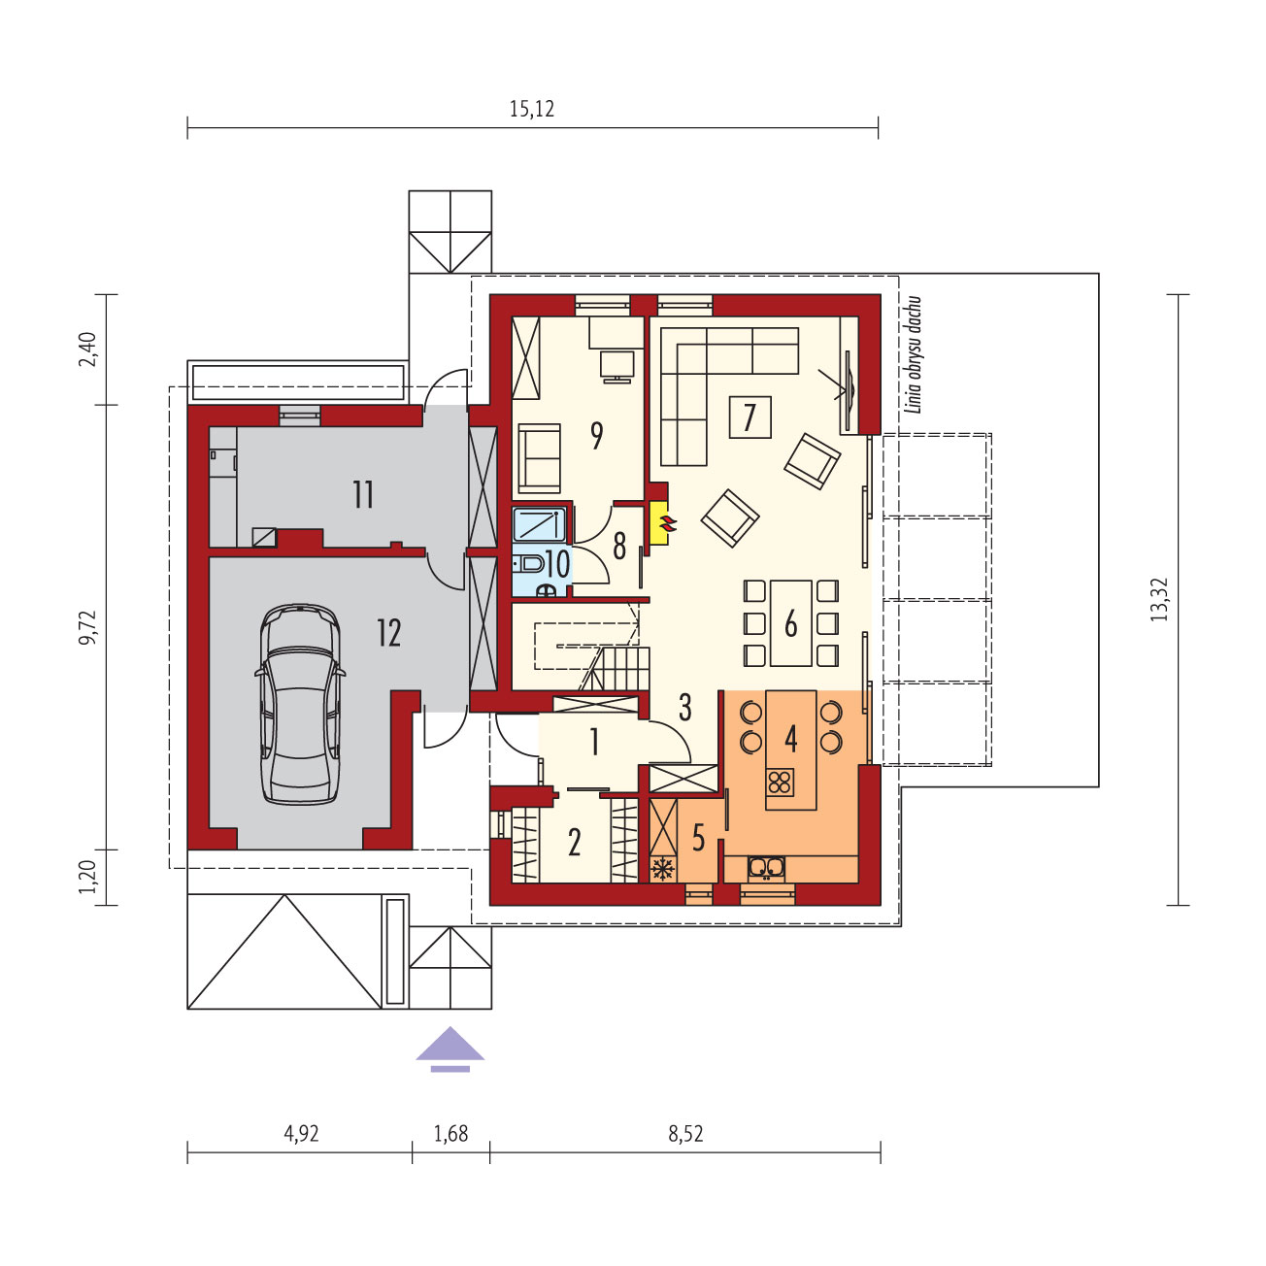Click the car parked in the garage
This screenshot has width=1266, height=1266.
click(300, 704)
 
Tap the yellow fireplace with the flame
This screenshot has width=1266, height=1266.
click(659, 523)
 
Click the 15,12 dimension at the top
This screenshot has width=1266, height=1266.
click(531, 109)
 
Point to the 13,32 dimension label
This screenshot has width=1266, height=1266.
click(1159, 598)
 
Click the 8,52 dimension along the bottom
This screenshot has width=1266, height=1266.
click(685, 1134)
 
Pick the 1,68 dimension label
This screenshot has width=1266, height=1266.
click(450, 1134)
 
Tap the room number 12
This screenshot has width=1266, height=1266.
click(389, 633)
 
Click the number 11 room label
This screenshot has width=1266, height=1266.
click(363, 495)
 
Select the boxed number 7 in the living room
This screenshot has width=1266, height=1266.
click(750, 416)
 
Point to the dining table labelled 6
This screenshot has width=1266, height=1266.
click(791, 623)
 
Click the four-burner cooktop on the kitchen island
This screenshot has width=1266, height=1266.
click(780, 782)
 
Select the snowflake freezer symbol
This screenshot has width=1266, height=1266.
click(663, 870)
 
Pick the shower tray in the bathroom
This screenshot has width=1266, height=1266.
click(539, 524)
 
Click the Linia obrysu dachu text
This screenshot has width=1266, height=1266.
click(915, 354)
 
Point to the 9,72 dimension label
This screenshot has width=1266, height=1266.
click(88, 627)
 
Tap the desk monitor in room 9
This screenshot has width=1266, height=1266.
click(616, 367)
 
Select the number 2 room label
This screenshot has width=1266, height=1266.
click(574, 843)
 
